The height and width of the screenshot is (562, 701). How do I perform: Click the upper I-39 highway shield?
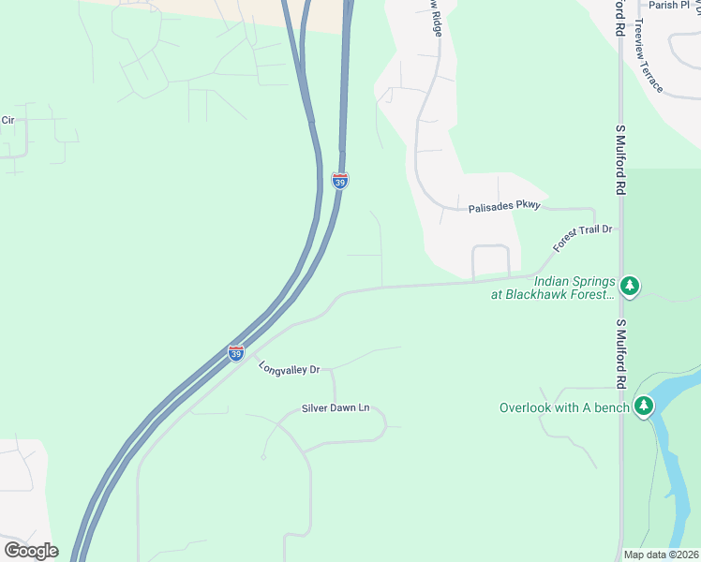[x=340, y=180]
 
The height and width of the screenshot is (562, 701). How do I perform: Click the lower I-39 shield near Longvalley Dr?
[x=236, y=353]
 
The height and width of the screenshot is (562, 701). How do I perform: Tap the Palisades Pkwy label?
[x=504, y=206]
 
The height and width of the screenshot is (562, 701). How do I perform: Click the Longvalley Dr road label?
[x=290, y=368]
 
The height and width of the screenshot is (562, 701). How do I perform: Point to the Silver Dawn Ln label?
[x=336, y=408]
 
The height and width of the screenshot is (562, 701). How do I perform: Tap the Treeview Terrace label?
[x=649, y=56]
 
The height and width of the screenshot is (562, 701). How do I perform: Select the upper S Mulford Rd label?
[x=620, y=159]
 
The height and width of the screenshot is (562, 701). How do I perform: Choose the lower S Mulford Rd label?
[x=620, y=354]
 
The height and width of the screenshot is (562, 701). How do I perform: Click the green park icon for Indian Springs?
[x=632, y=285]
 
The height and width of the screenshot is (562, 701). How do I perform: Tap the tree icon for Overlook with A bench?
[x=643, y=406]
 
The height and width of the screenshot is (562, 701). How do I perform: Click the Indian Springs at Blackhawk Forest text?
[x=551, y=288]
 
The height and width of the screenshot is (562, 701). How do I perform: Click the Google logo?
[x=31, y=551]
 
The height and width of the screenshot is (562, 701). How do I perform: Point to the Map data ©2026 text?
[x=662, y=555]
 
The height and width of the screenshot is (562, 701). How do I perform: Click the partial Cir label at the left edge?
[x=8, y=120]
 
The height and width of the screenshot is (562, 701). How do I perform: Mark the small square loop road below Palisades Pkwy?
[x=491, y=261]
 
